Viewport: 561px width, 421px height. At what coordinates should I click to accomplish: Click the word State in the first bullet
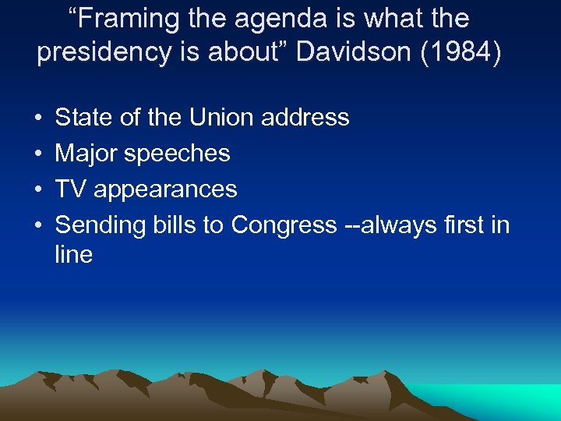[x=83, y=118]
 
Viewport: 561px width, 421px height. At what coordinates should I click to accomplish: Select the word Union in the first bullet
[x=224, y=118]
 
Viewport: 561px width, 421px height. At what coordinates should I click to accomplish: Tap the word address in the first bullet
[x=305, y=118]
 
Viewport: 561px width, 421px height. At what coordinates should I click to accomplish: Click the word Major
[x=86, y=154]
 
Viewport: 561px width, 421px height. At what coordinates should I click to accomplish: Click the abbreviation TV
[x=71, y=189]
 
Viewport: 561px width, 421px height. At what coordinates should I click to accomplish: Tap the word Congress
[x=284, y=225]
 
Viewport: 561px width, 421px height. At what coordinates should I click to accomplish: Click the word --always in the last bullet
[x=389, y=225]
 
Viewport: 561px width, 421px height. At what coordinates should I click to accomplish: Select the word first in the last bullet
[x=465, y=225]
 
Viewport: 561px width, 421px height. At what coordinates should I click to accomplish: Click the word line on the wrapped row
[x=73, y=254]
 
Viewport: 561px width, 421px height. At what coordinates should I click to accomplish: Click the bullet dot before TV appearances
[x=38, y=189]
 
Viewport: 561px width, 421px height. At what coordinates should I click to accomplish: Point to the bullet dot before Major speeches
[x=38, y=154]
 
